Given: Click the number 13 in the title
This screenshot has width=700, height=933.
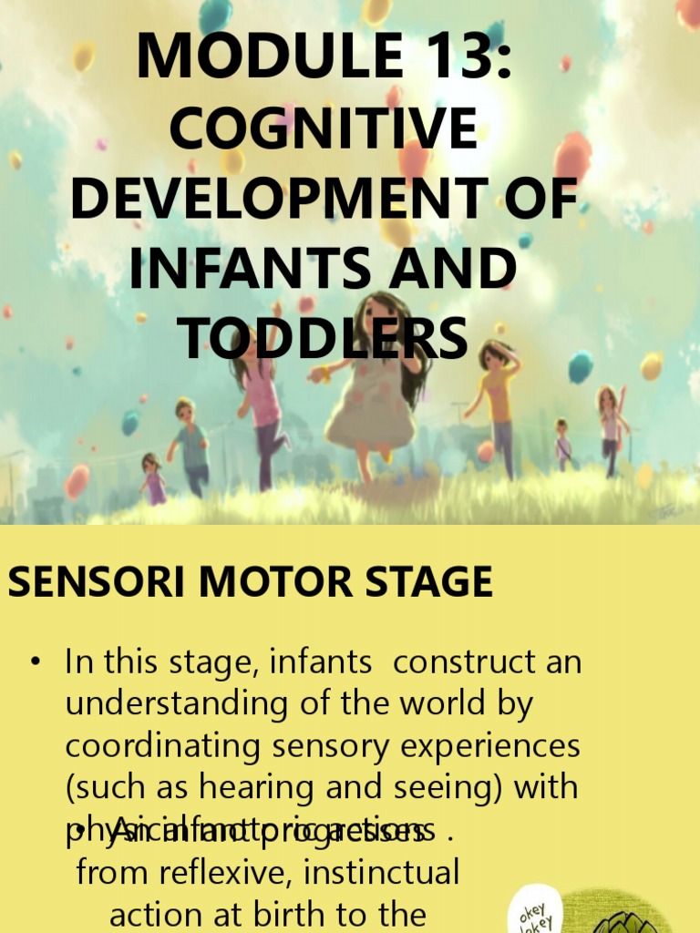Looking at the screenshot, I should [444, 56].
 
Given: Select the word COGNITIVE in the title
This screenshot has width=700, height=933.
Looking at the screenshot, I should [324, 128].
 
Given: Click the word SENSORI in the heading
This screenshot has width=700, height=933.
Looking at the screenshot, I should [86, 582].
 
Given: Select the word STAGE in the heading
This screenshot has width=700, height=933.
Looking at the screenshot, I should [427, 582].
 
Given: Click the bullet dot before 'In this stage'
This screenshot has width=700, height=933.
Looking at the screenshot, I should [36, 662].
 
